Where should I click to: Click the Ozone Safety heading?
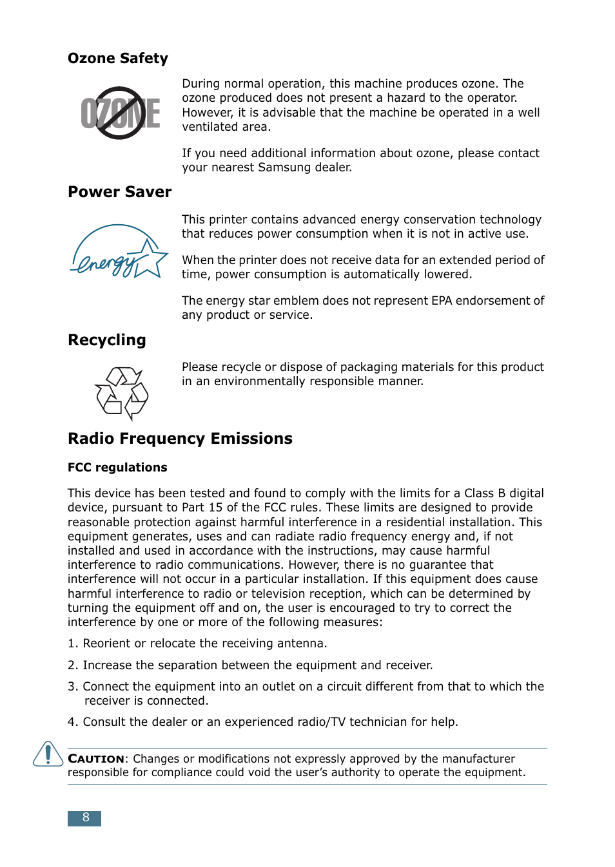(x=117, y=59)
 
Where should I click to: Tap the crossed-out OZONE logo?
(x=121, y=113)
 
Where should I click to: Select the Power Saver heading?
(x=119, y=192)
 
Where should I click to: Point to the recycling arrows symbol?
(x=122, y=392)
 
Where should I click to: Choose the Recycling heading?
(x=106, y=340)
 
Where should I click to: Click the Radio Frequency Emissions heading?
(x=180, y=439)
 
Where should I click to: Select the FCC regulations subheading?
(x=117, y=468)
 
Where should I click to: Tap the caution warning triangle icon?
(x=48, y=754)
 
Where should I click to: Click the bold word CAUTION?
(x=96, y=759)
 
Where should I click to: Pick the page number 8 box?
(x=84, y=818)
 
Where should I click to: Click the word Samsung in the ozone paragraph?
(x=284, y=167)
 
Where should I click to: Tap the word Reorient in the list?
(x=106, y=643)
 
